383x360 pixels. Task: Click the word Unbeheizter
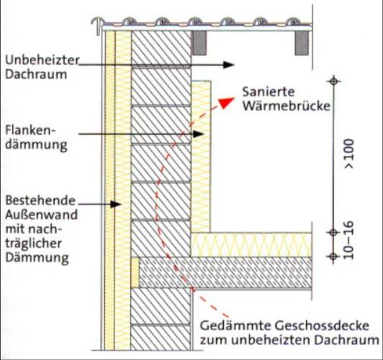(42, 60)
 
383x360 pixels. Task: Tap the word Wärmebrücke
(287, 106)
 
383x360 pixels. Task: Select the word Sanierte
(269, 92)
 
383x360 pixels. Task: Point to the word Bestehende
(40, 200)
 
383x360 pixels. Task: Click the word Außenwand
(41, 215)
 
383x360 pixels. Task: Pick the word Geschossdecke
(322, 326)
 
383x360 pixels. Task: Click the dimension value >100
(349, 153)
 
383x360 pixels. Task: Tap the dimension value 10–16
(349, 240)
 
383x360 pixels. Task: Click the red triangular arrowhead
(227, 102)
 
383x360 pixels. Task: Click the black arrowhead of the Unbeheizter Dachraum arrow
(229, 65)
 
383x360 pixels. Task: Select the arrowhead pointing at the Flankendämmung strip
(199, 134)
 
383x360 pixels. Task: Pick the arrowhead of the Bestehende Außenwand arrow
(116, 204)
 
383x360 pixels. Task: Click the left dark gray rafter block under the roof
(199, 43)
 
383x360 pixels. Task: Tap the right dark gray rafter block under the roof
(302, 43)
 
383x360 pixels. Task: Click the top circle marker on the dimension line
(333, 81)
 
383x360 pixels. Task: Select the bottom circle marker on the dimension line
(333, 256)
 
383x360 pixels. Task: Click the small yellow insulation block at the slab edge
(135, 273)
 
